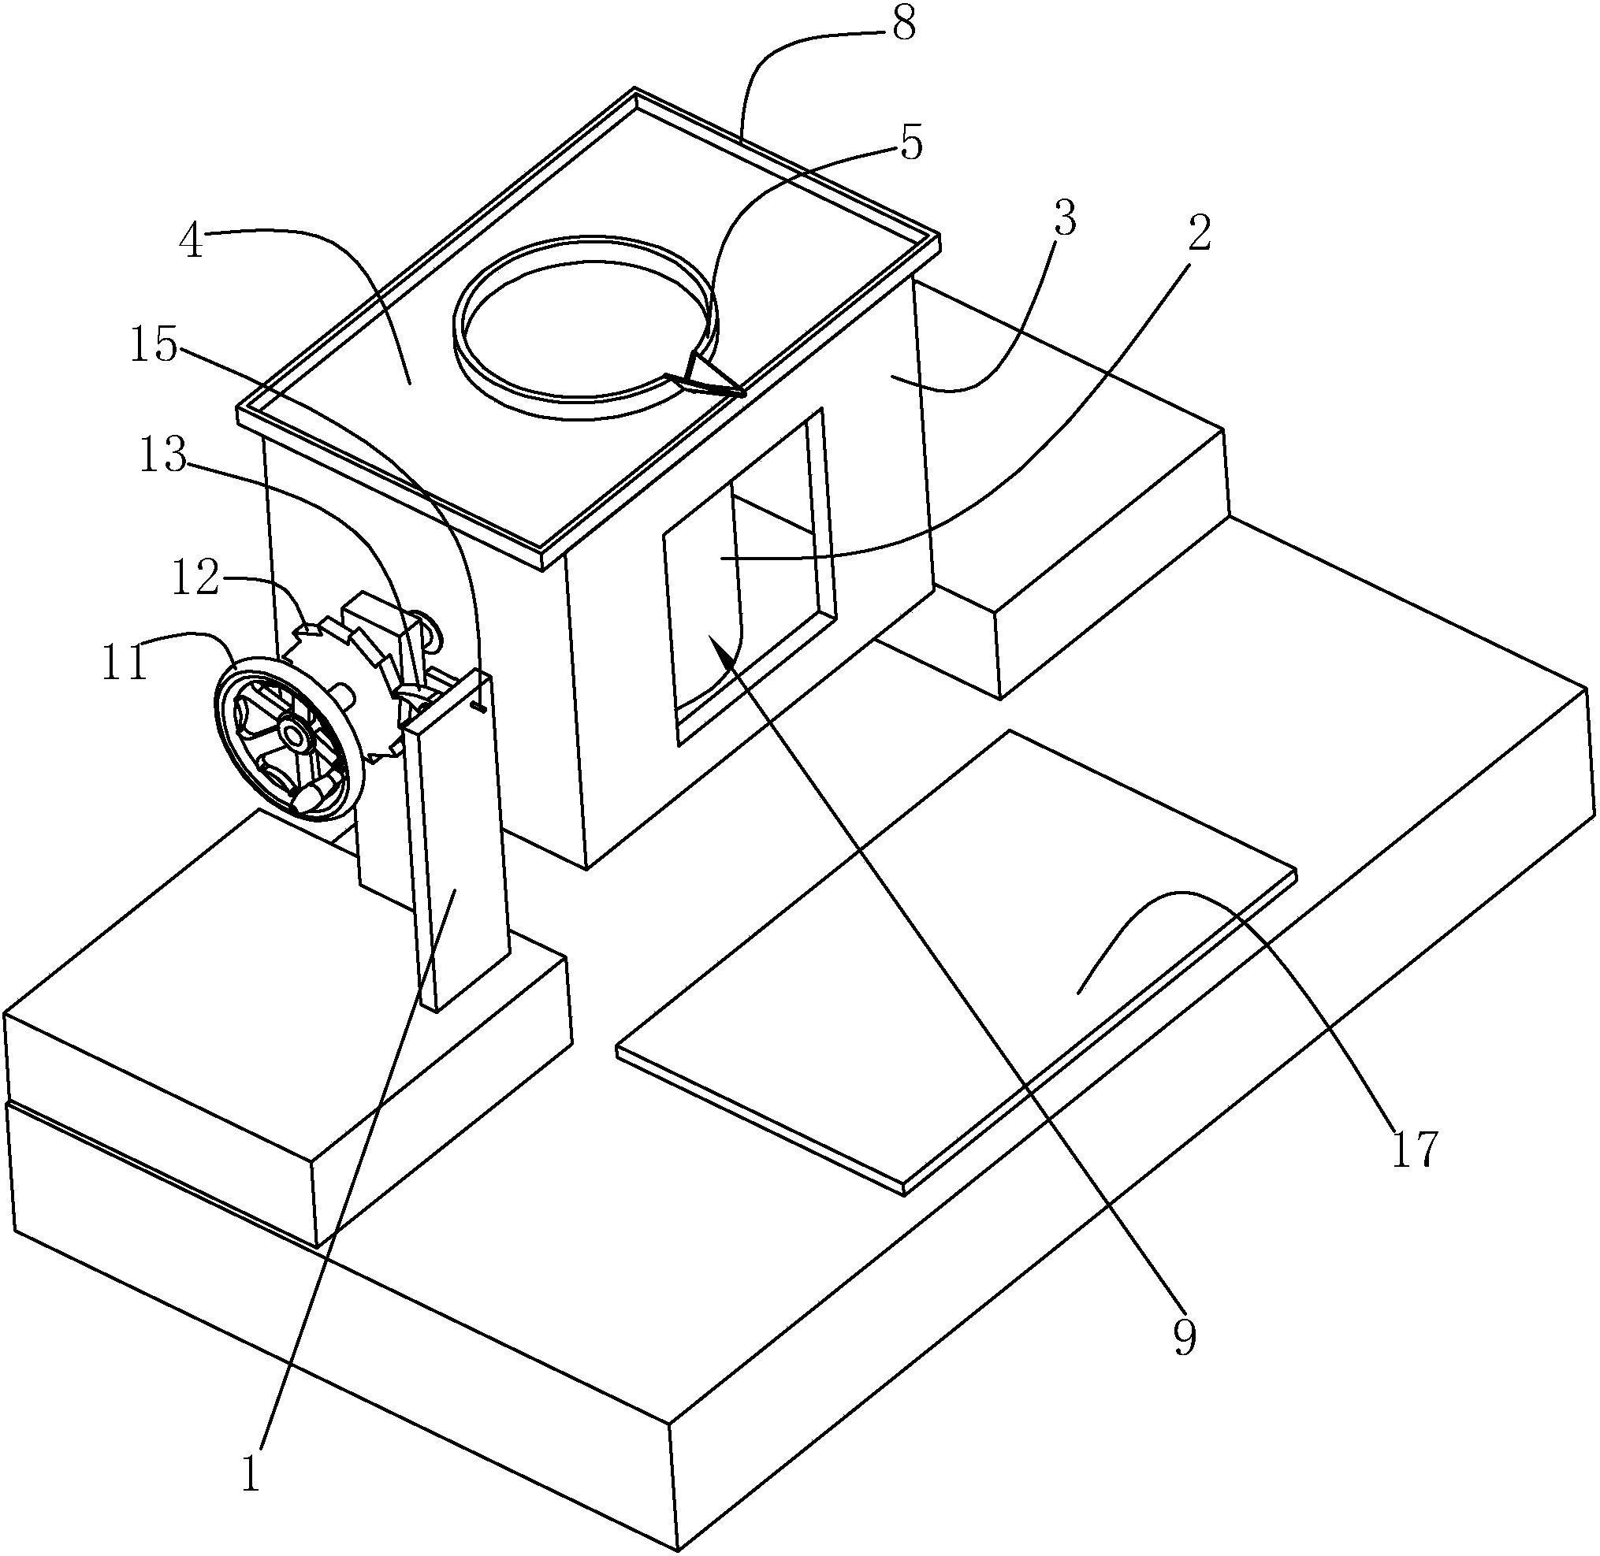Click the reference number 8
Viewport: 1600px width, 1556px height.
(903, 26)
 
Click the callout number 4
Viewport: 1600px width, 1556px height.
(192, 243)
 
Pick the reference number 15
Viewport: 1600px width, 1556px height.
(154, 347)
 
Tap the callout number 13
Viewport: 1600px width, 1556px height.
(163, 457)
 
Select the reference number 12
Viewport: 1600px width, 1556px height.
(196, 578)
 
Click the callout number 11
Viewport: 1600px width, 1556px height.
(125, 663)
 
